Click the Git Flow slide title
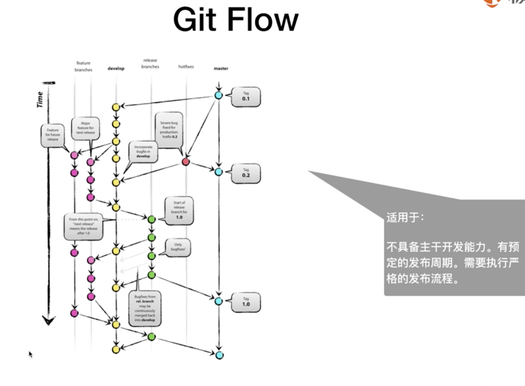tap(236, 20)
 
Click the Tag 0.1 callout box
tap(246, 97)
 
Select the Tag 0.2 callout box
tap(246, 173)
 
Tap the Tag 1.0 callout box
tap(246, 302)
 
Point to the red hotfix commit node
tap(185, 162)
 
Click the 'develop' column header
tap(116, 68)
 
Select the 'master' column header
tap(221, 68)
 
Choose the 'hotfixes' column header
tap(186, 67)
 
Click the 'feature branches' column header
tap(83, 66)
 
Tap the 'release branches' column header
tap(150, 64)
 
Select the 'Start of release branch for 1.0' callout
tap(179, 210)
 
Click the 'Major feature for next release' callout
tap(86, 128)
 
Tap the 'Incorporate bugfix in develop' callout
tap(143, 152)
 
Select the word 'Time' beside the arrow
tap(40, 99)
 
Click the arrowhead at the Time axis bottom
tap(49, 320)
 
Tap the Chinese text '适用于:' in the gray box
tap(405, 217)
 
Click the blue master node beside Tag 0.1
tap(219, 95)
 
